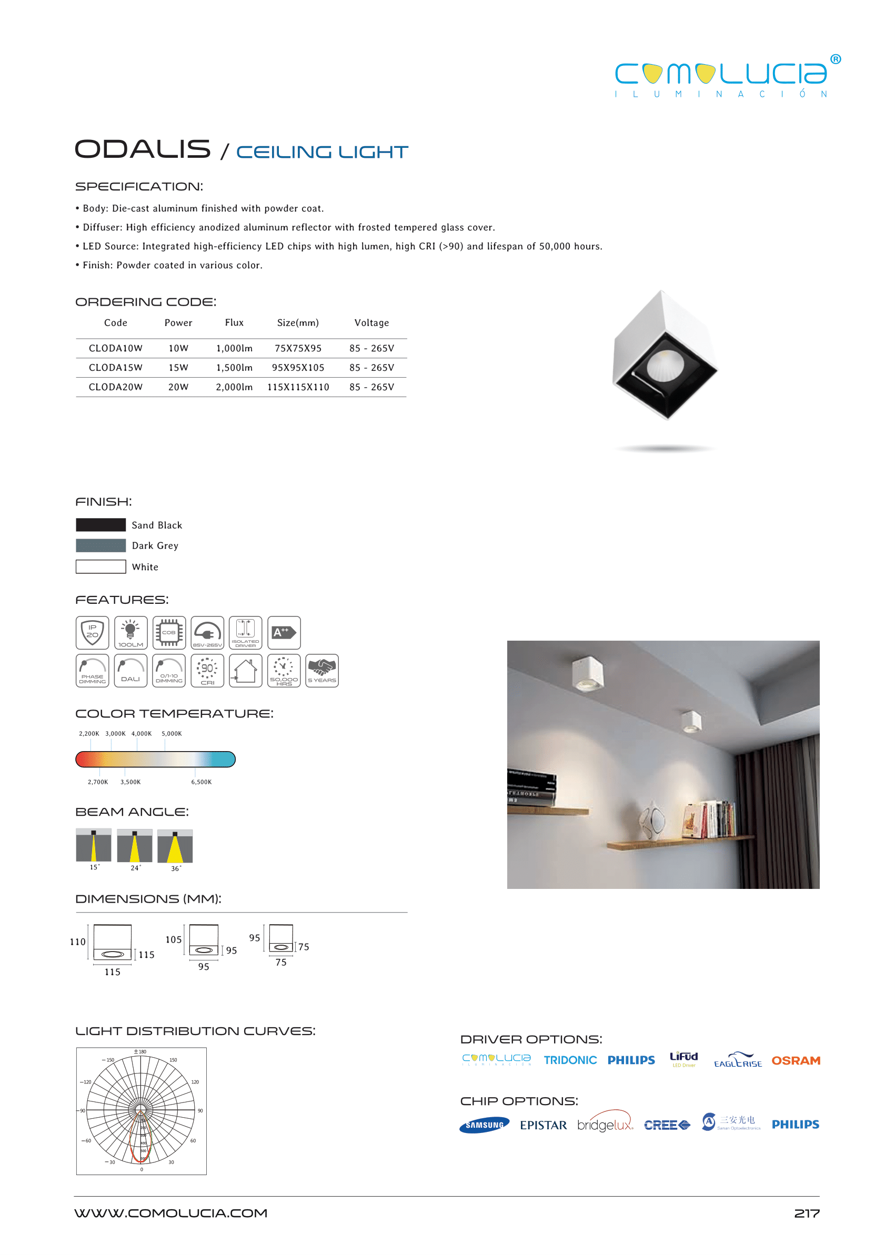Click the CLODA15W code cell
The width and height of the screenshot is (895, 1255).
115,368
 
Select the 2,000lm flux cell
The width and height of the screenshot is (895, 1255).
234,387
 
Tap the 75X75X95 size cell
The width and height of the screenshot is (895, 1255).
298,348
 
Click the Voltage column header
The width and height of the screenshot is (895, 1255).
371,323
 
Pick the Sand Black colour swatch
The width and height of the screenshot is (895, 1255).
101,524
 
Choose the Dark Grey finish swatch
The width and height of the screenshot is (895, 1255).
101,545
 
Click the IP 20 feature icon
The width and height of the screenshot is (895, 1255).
92,632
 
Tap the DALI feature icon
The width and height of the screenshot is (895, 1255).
130,671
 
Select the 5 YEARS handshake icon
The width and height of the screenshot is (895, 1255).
322,671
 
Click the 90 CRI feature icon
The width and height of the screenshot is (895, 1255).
207,671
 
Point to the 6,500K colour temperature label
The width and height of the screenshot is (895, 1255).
201,782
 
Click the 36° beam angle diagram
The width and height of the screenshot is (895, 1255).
175,846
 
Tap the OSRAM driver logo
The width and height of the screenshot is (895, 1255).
795,1060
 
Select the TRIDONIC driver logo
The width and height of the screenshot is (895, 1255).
570,1060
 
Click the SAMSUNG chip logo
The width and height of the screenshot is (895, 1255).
484,1125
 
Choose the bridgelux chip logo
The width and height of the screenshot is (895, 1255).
605,1124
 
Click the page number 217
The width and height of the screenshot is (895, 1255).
806,1213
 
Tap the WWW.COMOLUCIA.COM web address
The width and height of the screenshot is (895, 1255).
171,1213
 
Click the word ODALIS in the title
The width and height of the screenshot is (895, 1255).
143,149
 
